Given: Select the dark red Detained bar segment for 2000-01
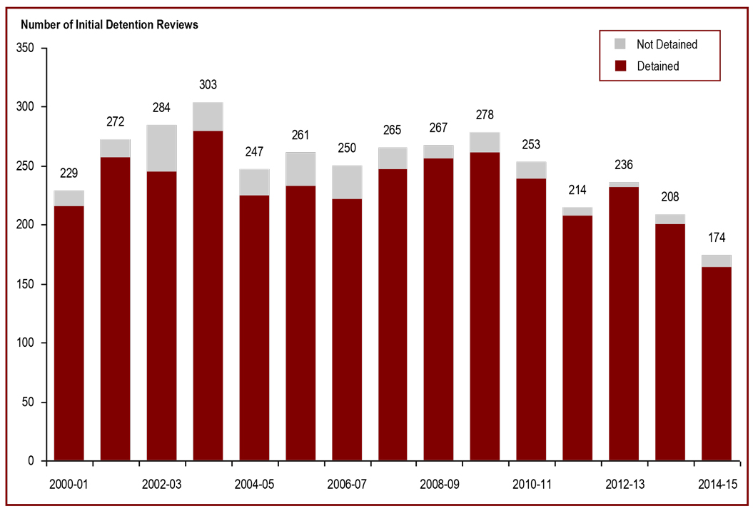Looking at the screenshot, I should tap(69, 333).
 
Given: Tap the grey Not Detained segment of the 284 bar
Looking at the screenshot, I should tap(161, 148).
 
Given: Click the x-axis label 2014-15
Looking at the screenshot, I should tap(717, 484).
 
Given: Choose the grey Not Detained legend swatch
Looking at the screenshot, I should tap(621, 44).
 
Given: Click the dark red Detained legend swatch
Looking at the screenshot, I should tap(621, 66).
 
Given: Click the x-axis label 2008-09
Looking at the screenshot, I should tap(439, 484).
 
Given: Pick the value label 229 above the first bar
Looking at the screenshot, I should tap(69, 173).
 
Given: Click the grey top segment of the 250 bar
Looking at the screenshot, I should tap(347, 182).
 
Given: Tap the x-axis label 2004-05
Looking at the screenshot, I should tap(254, 484).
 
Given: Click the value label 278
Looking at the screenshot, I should tap(485, 115).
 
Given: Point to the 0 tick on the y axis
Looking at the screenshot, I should tap(32, 461).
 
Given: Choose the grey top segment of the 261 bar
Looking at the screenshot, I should tap(300, 169).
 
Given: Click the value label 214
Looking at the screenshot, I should tap(577, 191).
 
